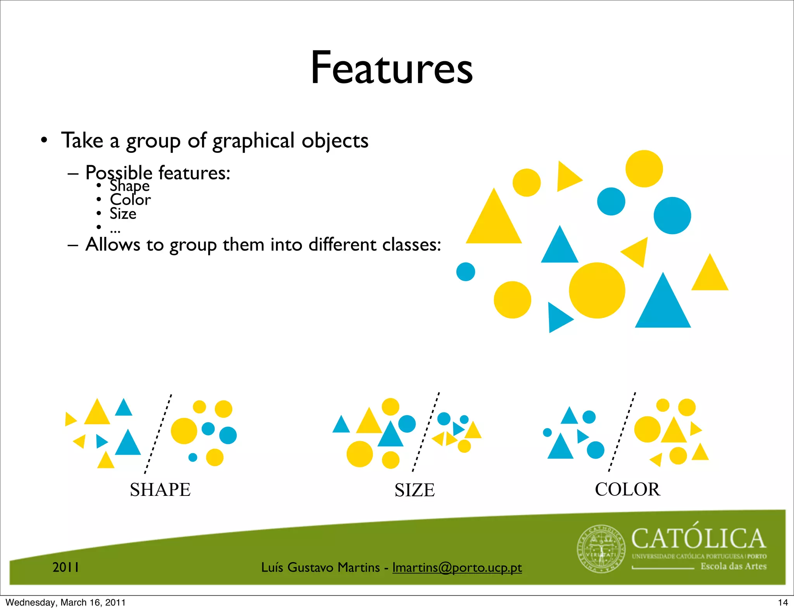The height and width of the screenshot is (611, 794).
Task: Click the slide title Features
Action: [392, 68]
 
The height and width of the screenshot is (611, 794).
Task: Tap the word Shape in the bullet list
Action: [129, 186]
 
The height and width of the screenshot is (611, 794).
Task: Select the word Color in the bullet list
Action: [130, 200]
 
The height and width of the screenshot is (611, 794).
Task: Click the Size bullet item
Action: [123, 214]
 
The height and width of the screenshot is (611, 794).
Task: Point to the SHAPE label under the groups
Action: [160, 490]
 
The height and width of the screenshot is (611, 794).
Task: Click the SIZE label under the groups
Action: [414, 490]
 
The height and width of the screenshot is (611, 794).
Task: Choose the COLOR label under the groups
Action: [627, 489]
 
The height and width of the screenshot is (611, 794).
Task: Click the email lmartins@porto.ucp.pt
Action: [457, 567]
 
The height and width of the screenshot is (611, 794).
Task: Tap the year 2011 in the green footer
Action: [66, 567]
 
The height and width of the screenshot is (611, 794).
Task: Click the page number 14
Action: [783, 602]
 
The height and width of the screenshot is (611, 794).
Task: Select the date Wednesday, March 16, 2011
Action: [66, 602]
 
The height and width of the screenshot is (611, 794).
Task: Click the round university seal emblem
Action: [601, 549]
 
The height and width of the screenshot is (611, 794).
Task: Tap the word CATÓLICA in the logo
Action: [699, 539]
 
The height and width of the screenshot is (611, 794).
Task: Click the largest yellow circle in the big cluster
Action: [597, 290]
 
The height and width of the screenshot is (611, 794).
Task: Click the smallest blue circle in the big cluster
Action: [466, 272]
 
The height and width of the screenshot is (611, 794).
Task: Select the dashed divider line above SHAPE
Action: [158, 433]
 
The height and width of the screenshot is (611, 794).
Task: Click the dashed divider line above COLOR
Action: [622, 431]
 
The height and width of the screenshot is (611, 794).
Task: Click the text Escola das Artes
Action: [734, 566]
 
